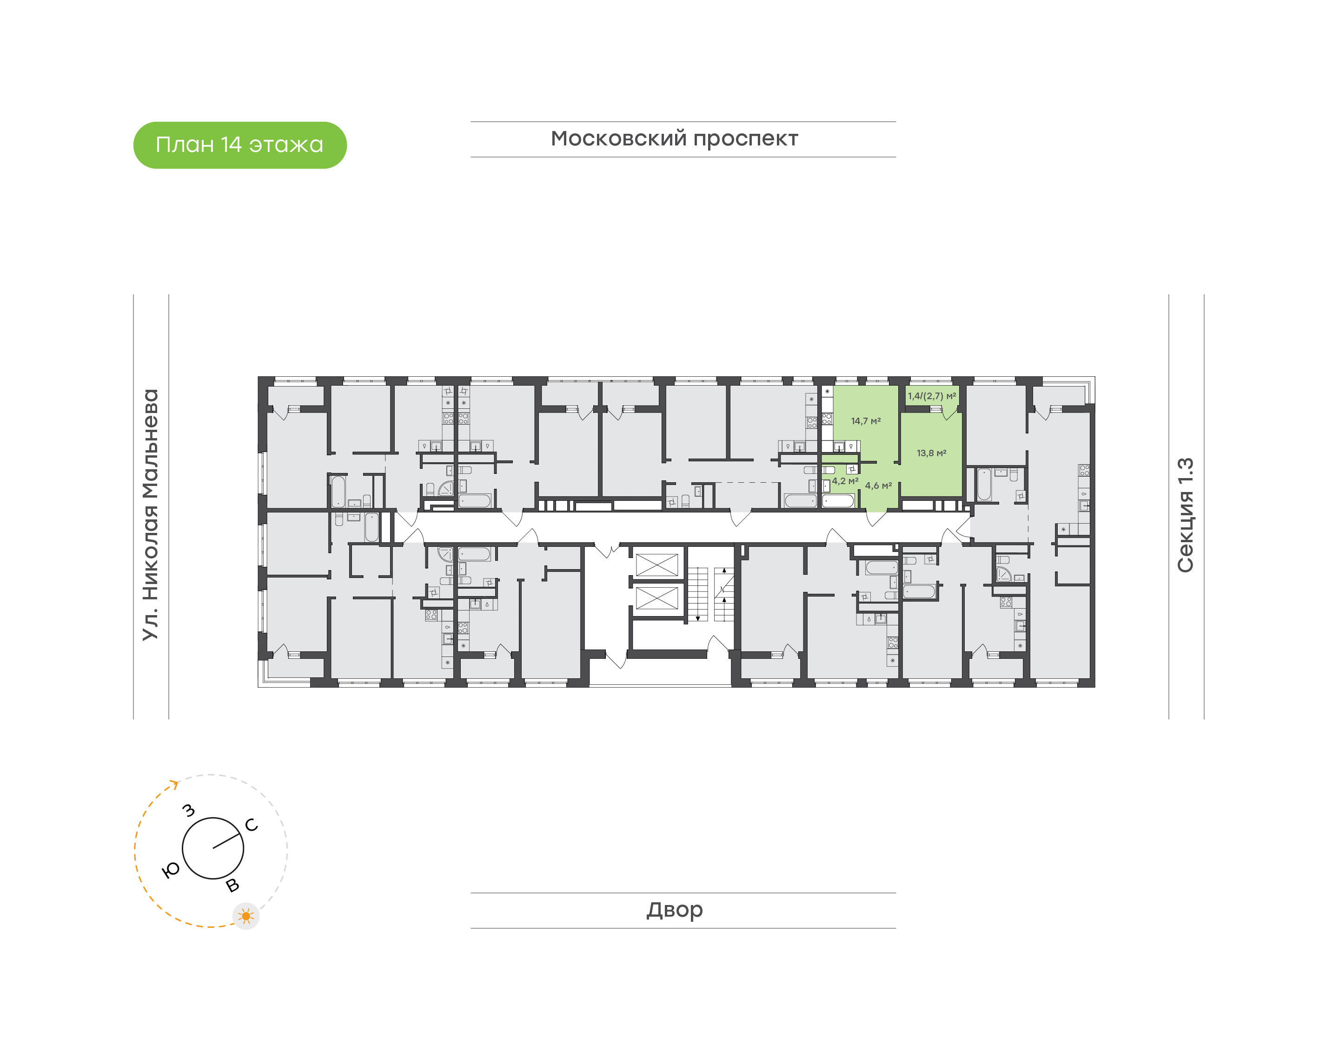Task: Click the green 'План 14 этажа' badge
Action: (240, 145)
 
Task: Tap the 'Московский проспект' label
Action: (674, 139)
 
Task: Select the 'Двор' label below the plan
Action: (674, 909)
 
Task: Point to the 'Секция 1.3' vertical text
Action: (1185, 515)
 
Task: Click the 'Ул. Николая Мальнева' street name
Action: (151, 515)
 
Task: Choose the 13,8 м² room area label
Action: (931, 453)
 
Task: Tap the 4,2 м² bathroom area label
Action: (845, 481)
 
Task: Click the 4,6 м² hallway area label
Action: (878, 486)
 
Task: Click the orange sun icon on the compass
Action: (246, 916)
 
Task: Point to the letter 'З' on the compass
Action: (189, 810)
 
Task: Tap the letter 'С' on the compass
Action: (252, 825)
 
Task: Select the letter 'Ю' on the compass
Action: (170, 870)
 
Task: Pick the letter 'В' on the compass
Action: (232, 885)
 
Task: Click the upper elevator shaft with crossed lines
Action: (656, 565)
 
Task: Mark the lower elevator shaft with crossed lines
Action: (656, 598)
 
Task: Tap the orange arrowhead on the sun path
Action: (175, 784)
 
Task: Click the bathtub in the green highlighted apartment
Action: (838, 500)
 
